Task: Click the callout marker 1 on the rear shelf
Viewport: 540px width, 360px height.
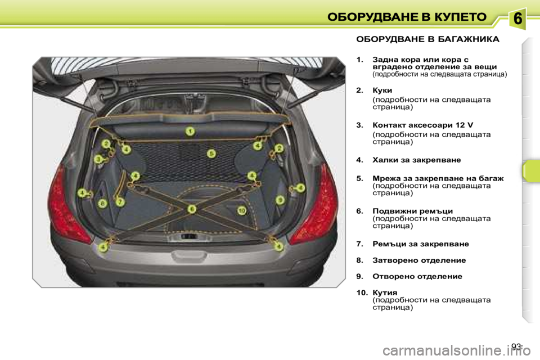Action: pos(191,132)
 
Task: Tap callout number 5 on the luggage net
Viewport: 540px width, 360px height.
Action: pos(211,153)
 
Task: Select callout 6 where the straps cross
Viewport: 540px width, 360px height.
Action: pos(192,209)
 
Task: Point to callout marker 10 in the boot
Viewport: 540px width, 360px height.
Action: pos(242,210)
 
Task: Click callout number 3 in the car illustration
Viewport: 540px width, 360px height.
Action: pos(98,159)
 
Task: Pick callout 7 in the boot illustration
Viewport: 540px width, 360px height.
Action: pos(120,200)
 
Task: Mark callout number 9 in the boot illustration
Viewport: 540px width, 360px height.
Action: pos(280,199)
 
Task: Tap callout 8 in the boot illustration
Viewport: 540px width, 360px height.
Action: pos(102,202)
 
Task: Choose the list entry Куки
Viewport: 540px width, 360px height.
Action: pos(382,89)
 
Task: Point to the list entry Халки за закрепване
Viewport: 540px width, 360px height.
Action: pos(417,160)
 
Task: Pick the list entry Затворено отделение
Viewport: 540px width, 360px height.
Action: pos(419,260)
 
